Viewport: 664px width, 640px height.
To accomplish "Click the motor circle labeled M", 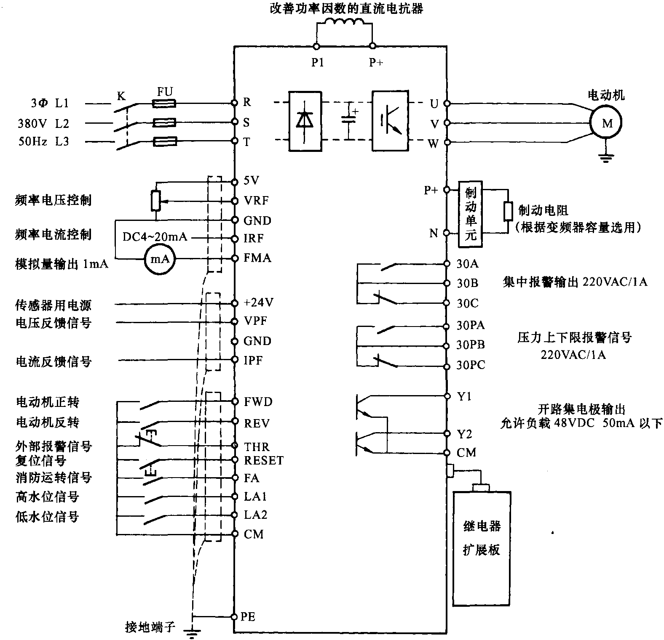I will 607,123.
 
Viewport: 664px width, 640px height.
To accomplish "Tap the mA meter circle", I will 160,259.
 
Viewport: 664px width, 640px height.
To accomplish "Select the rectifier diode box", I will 305,121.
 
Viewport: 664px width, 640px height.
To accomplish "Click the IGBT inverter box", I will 390,121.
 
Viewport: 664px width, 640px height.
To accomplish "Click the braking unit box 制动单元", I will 470,214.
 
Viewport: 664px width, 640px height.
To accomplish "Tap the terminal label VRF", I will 256,201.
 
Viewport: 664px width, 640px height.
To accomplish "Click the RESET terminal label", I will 264,460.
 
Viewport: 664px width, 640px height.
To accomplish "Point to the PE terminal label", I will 248,617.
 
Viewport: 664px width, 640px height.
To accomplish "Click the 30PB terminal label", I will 471,345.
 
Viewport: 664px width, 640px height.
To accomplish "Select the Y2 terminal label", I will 464,434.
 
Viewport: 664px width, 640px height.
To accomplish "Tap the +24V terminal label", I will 259,303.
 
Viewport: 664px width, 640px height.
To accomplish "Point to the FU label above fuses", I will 165,91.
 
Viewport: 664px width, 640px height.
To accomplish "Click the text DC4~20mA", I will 155,237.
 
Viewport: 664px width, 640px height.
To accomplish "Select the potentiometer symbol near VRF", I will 156,201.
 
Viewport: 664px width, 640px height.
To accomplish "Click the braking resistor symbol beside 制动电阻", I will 508,211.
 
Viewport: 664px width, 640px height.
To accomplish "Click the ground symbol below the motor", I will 606,157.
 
